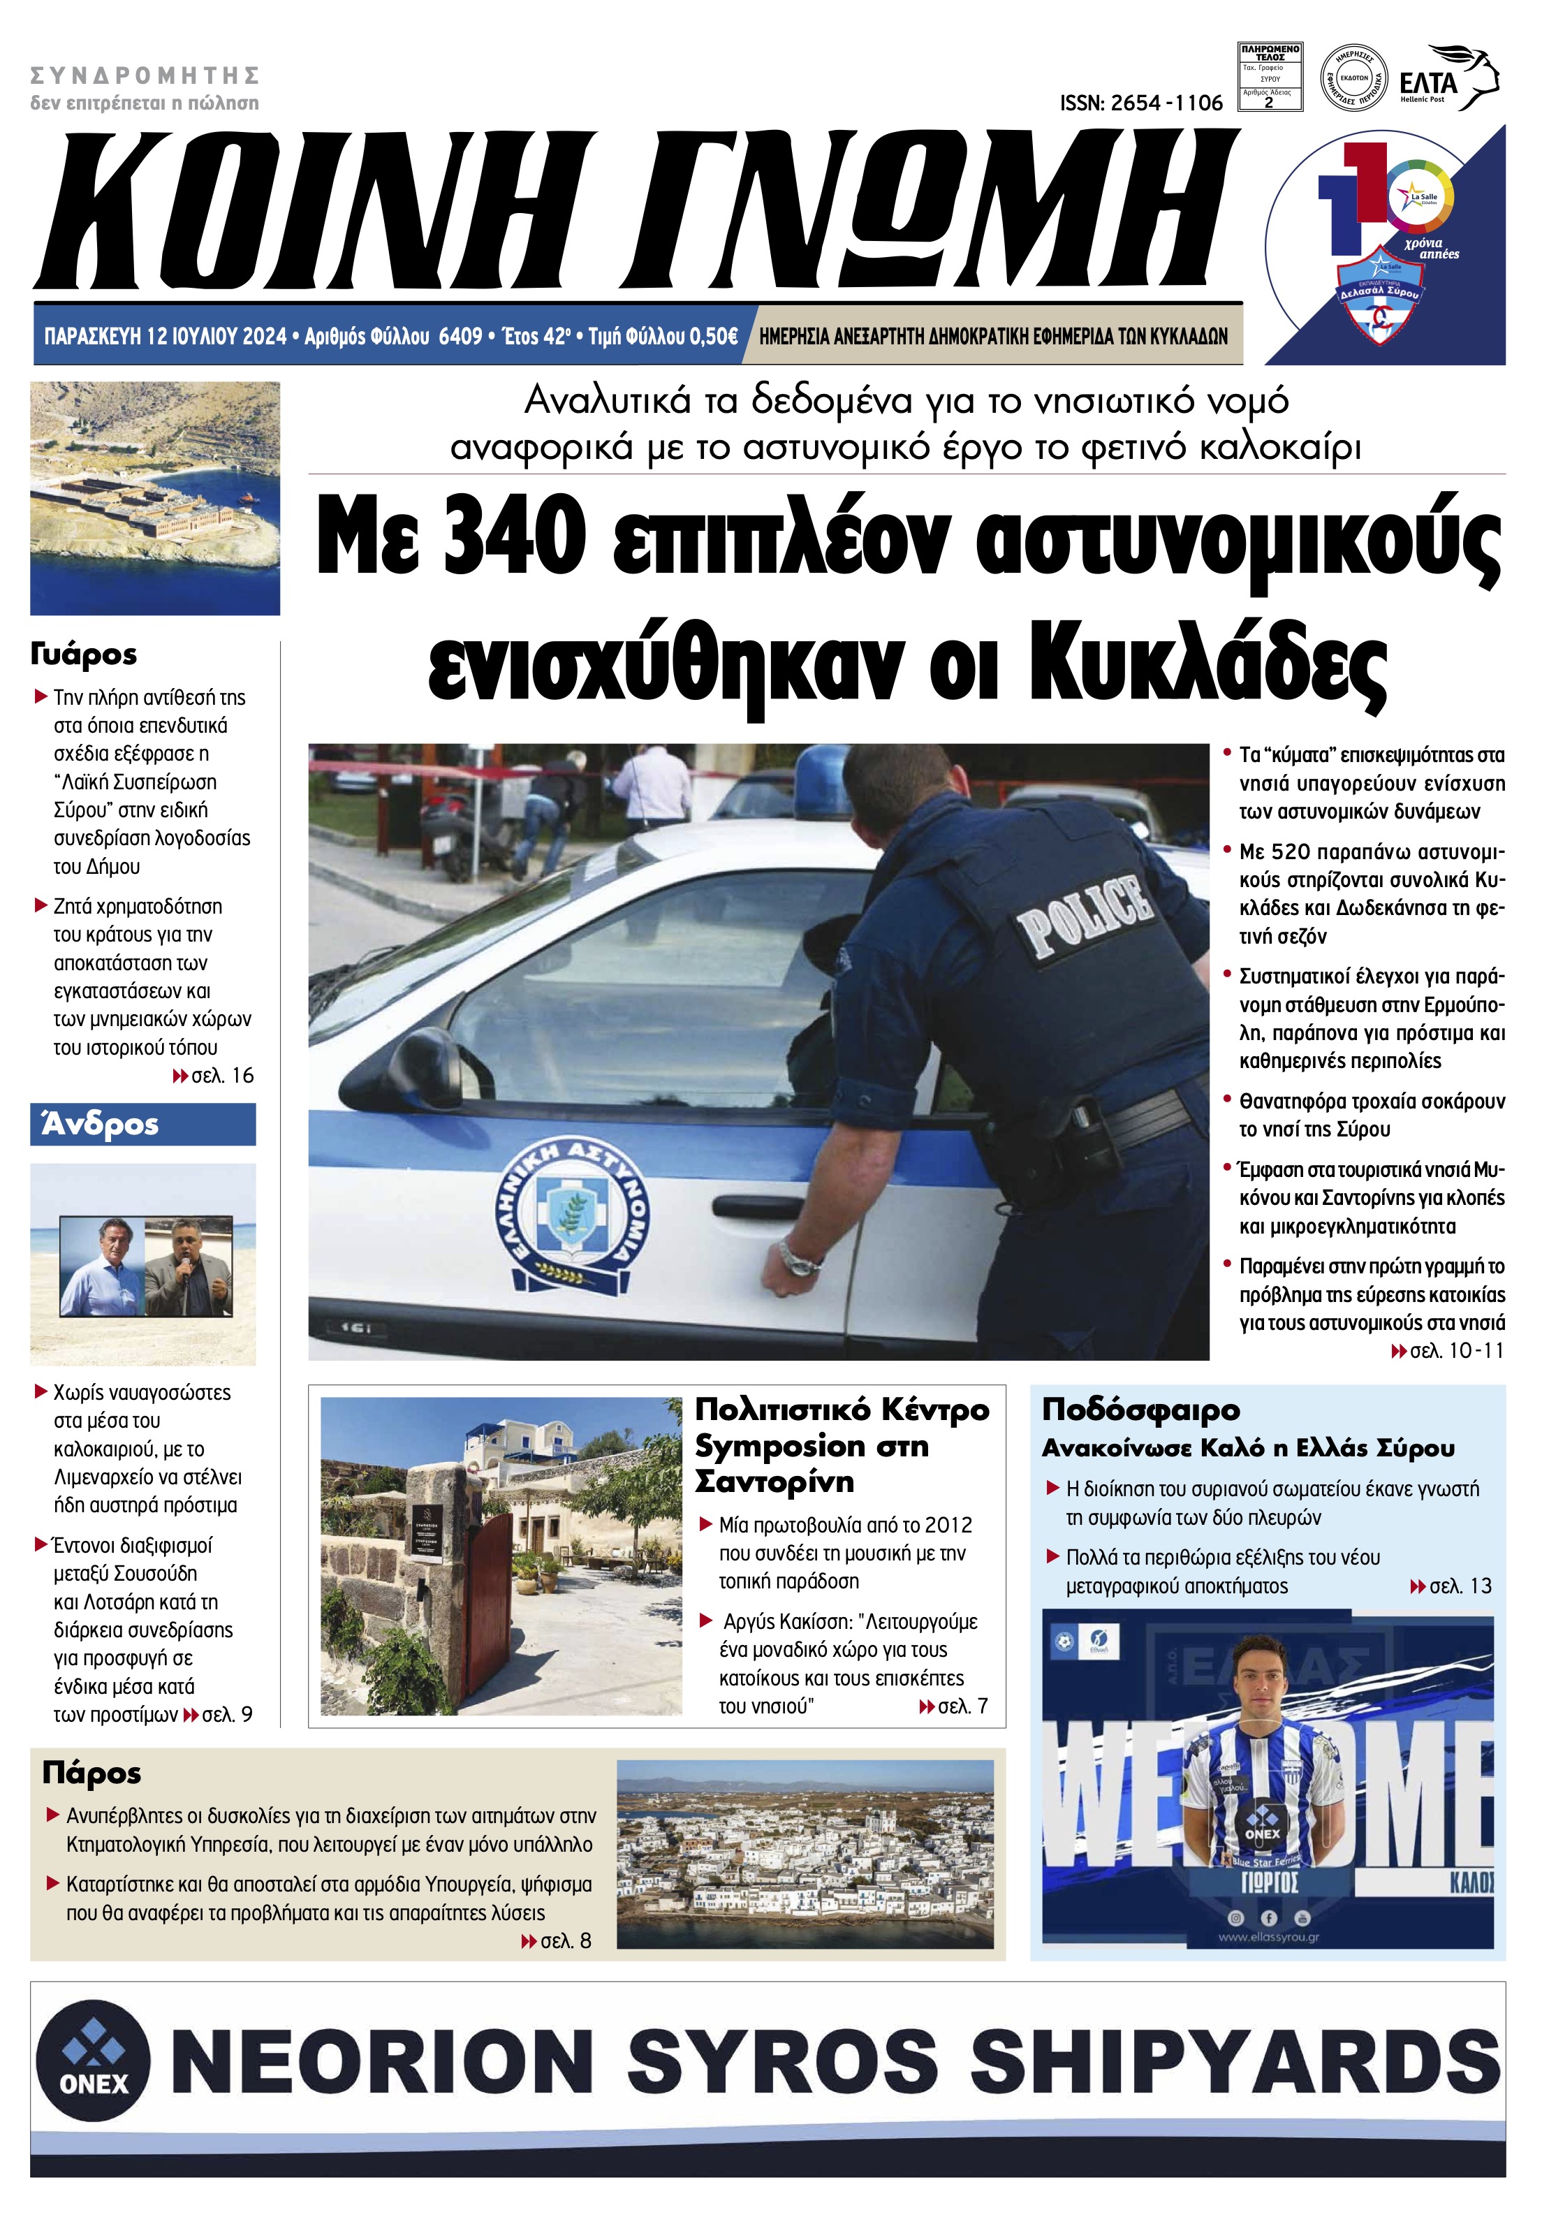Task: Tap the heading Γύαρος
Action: pyautogui.click(x=84, y=654)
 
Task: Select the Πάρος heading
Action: pyautogui.click(x=91, y=1773)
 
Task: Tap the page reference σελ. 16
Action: pyautogui.click(x=222, y=1076)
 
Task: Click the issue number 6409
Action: pyautogui.click(x=460, y=336)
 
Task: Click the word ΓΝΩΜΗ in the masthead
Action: pyautogui.click(x=932, y=210)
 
